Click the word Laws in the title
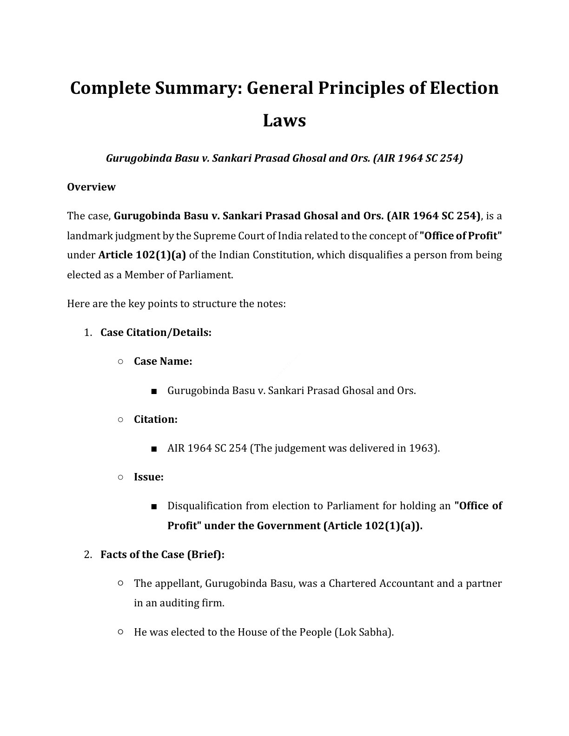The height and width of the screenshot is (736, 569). click(x=284, y=121)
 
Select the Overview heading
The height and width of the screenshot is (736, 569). click(x=91, y=187)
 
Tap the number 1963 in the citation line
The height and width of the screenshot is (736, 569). click(x=422, y=448)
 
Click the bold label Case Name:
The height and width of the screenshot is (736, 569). click(x=163, y=361)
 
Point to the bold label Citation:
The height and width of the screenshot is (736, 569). click(x=155, y=420)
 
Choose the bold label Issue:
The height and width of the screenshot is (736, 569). click(x=148, y=477)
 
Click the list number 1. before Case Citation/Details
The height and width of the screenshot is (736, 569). click(x=88, y=333)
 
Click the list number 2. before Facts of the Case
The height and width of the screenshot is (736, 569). click(x=88, y=555)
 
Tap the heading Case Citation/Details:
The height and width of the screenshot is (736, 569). click(x=156, y=333)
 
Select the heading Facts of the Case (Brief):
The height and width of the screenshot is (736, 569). click(x=162, y=555)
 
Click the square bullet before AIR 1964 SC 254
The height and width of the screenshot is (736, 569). click(x=153, y=449)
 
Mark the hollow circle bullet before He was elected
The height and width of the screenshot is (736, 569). click(x=120, y=632)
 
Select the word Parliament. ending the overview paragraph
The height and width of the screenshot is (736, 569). click(x=209, y=275)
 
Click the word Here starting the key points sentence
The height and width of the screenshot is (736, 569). click(x=78, y=304)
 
